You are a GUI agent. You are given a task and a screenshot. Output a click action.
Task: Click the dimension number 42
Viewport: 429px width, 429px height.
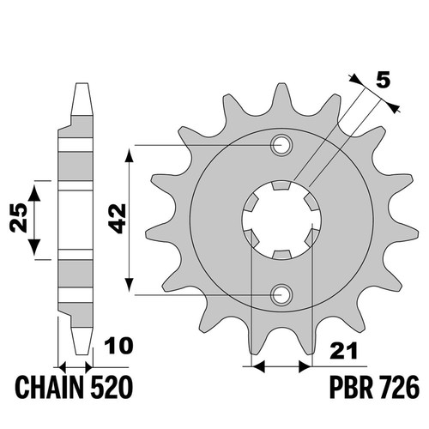[118, 219]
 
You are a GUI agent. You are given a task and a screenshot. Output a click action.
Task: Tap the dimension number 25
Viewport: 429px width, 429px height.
[19, 218]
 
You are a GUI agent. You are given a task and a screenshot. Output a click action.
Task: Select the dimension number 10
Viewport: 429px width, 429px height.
[118, 346]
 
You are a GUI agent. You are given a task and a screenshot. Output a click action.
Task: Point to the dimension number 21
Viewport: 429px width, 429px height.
[343, 351]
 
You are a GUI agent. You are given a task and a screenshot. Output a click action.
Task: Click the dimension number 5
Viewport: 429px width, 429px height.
[383, 81]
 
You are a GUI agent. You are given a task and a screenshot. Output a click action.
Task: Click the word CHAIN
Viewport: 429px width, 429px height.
[49, 388]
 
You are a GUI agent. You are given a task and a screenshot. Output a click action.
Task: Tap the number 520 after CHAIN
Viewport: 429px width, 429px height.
[112, 388]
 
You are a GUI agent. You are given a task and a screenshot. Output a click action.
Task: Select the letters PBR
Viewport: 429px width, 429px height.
[351, 388]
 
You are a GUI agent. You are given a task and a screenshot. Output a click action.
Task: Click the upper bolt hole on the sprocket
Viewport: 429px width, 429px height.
[281, 145]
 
